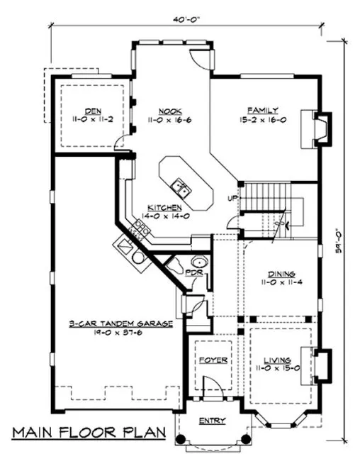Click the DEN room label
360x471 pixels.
click(x=91, y=111)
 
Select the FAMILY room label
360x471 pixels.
click(x=257, y=111)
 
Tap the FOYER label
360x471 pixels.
click(x=212, y=360)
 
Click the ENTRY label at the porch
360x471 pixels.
click(x=212, y=421)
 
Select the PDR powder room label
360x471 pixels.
click(x=193, y=272)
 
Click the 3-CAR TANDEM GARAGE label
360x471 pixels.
click(x=121, y=323)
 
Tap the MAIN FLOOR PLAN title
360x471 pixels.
click(x=89, y=432)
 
